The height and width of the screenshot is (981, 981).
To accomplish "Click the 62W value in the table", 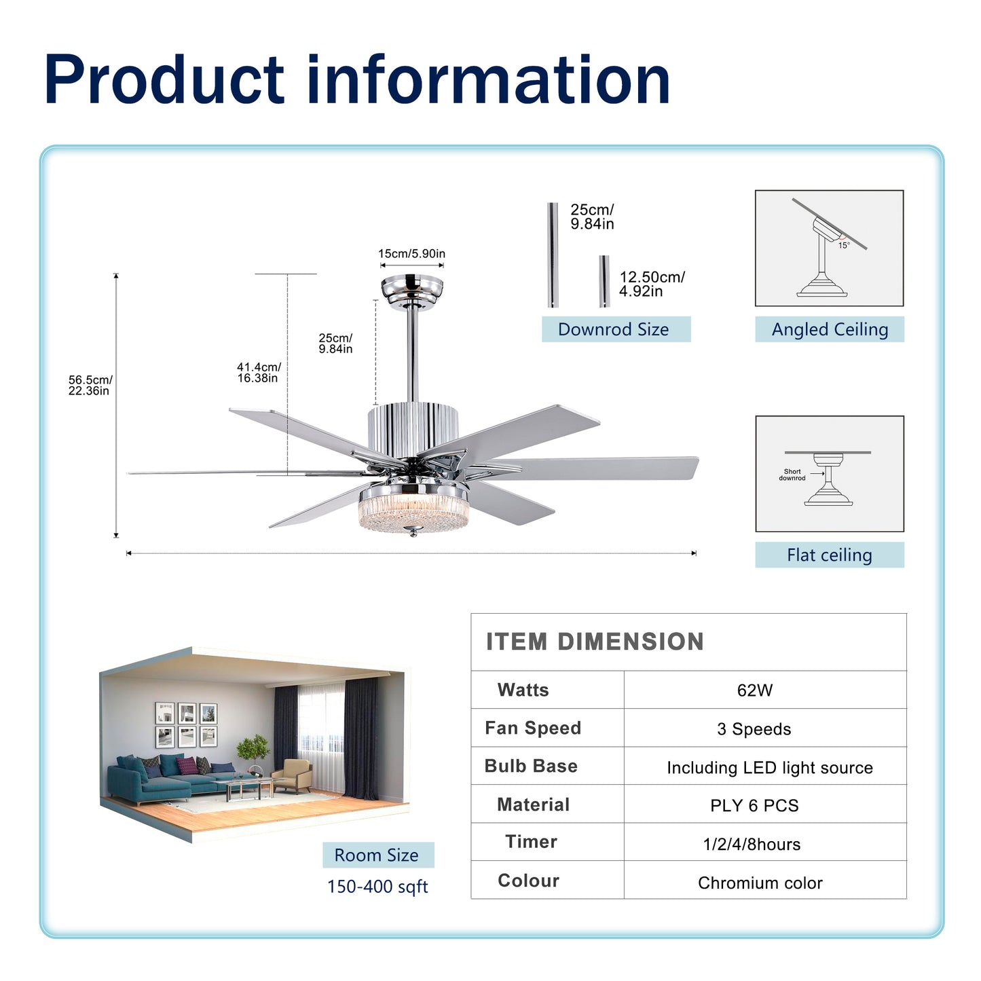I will (754, 690).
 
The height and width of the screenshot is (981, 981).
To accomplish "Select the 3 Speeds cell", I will (754, 729).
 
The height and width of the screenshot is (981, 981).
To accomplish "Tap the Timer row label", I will (531, 842).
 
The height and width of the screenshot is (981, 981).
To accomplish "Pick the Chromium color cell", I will (760, 883).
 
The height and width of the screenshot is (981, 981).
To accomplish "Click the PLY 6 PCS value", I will (754, 806).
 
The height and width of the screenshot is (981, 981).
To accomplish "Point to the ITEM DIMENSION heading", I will (595, 642).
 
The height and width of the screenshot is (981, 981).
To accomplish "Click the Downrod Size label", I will (613, 329).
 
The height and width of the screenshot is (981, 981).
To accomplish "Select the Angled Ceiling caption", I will (829, 329).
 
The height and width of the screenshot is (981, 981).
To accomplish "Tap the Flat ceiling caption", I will (829, 555).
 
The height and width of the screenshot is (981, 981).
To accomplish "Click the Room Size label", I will (377, 855).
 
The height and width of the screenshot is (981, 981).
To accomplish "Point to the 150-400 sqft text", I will (377, 887).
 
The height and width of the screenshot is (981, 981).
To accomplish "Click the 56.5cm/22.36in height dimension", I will (90, 385).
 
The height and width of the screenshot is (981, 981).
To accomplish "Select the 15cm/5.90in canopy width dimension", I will (411, 254).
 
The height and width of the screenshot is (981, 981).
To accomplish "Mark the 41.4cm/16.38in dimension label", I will (259, 373).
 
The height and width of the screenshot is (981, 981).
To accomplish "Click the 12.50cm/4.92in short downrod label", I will (651, 284).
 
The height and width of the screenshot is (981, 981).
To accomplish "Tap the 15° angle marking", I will (844, 246).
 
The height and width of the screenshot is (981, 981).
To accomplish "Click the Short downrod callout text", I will (792, 475).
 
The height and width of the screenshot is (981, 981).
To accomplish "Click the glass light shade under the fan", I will (413, 512).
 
